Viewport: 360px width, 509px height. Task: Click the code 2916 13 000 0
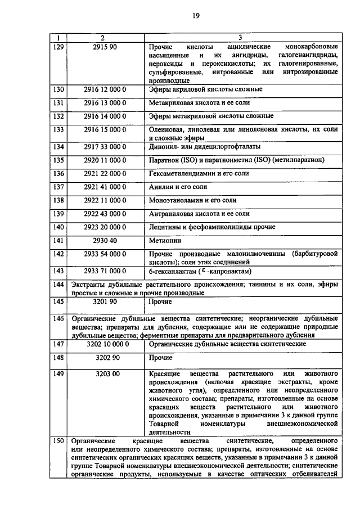105,103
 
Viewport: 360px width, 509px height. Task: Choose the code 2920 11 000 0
105,160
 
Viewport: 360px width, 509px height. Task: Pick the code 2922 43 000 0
105,214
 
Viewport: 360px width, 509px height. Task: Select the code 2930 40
105,241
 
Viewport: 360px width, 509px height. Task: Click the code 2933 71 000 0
105,271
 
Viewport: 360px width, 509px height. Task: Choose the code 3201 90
105,302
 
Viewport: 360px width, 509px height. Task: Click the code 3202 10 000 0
105,344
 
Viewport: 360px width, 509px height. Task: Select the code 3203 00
105,373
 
